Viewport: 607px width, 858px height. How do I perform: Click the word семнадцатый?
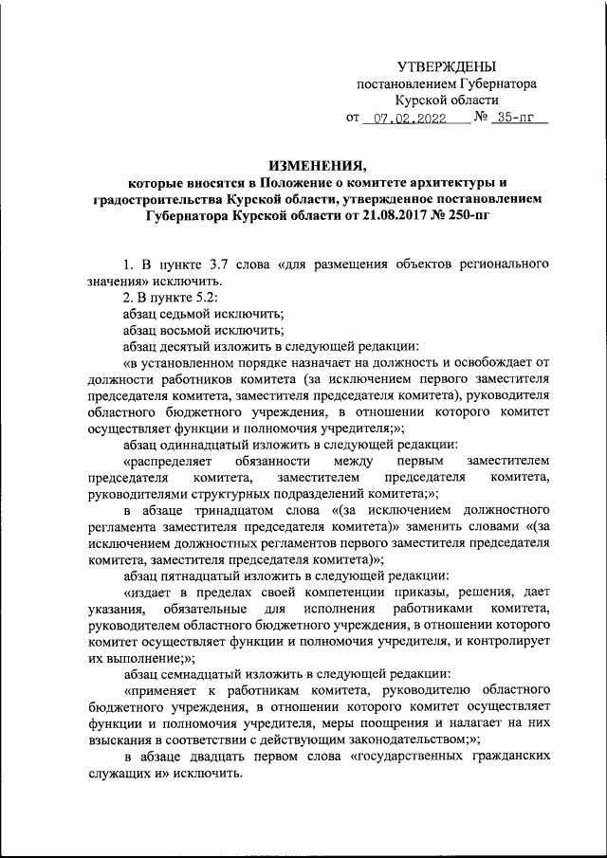click(212, 674)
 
